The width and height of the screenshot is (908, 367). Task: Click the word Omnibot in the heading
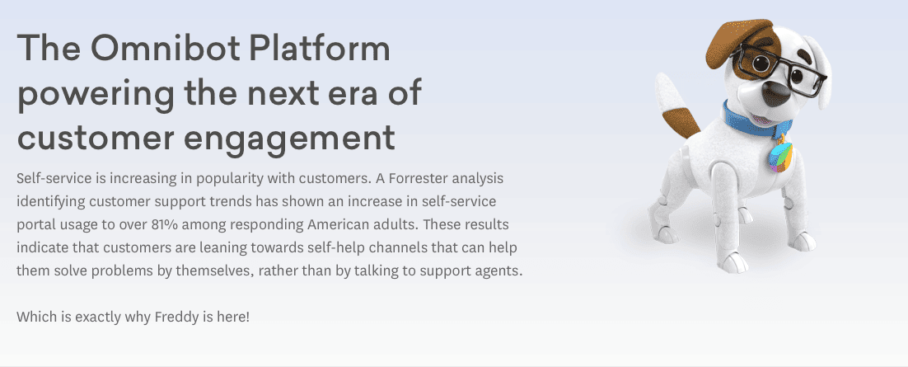point(165,48)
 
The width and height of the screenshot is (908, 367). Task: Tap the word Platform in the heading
point(320,48)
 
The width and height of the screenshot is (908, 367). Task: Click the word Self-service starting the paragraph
point(54,178)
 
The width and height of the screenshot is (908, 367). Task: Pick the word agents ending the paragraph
point(503,271)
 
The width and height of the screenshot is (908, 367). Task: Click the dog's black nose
point(775,92)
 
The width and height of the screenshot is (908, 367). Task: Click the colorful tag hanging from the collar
point(779,158)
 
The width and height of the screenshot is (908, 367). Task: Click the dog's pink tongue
point(763,120)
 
